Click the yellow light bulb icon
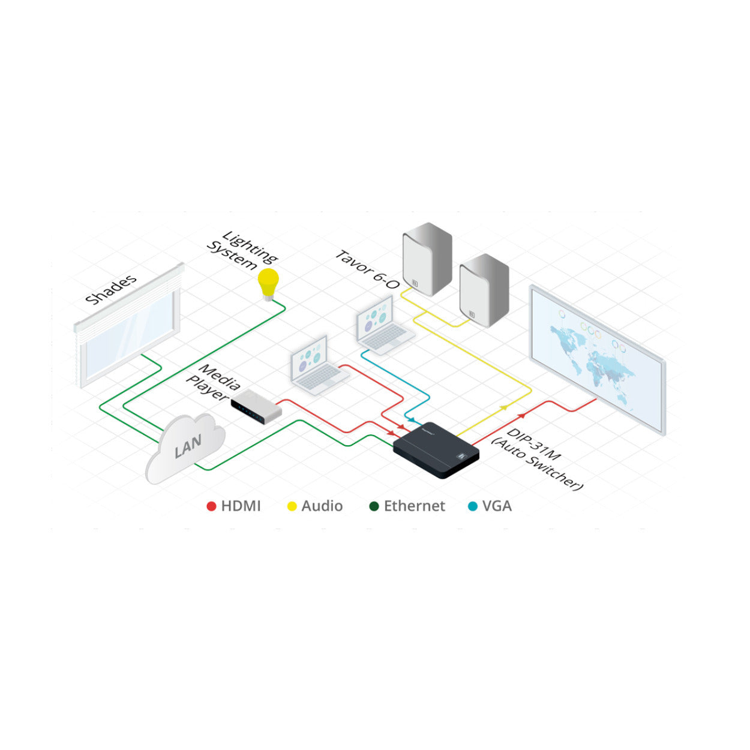coord(268,283)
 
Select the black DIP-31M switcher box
coord(436,450)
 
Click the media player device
coord(257,406)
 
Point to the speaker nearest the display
coord(484,289)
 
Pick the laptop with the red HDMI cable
coord(317,364)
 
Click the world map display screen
coord(597,356)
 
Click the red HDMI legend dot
coord(211,506)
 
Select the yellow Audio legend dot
coord(292,506)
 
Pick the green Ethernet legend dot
coord(374,506)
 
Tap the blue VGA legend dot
coord(473,506)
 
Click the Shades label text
coord(111,289)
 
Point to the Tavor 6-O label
coord(367,269)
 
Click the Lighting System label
coord(241,251)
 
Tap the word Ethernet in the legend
coord(415,506)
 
